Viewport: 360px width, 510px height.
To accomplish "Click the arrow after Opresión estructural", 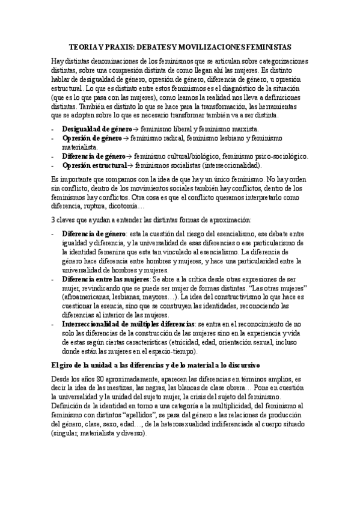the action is click(130, 165).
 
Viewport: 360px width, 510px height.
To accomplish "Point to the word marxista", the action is click(241, 129).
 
